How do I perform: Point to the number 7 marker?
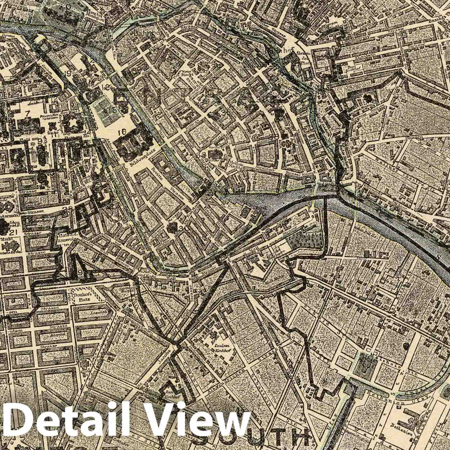click(x=27, y=114)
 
